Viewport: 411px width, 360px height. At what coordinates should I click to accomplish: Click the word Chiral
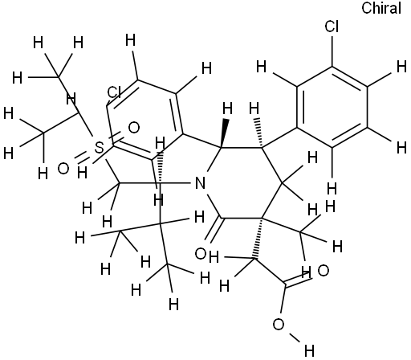point(381,8)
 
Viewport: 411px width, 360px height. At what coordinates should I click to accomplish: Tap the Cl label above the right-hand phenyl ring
point(332,27)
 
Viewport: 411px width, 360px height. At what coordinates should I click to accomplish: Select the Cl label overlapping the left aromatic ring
point(114,92)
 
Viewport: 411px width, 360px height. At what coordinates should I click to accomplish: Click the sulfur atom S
point(99,148)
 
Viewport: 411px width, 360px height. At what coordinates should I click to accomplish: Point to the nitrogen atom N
point(200,183)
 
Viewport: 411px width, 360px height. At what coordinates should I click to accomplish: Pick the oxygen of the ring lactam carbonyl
point(201,254)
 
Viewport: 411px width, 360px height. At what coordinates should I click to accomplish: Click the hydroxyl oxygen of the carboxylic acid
point(279,325)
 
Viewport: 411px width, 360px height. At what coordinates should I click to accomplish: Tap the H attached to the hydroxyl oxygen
point(309,350)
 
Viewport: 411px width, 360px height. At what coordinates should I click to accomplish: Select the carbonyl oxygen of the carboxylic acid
point(323,271)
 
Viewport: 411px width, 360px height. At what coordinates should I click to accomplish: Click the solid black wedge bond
point(224,133)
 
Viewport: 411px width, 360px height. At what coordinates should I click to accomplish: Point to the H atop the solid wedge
point(227,109)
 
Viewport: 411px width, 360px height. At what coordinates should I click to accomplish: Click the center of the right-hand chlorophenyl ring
point(332,107)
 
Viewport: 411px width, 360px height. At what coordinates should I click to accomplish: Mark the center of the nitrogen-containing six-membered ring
point(242,182)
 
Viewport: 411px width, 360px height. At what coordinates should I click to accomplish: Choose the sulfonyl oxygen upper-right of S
point(134,128)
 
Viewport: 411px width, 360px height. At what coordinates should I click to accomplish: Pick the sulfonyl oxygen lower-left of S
point(63,169)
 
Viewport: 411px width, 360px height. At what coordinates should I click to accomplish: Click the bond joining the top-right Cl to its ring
point(332,50)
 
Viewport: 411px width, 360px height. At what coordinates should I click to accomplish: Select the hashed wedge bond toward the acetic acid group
point(258,238)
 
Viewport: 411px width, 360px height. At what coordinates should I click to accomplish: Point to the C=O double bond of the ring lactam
point(214,230)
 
